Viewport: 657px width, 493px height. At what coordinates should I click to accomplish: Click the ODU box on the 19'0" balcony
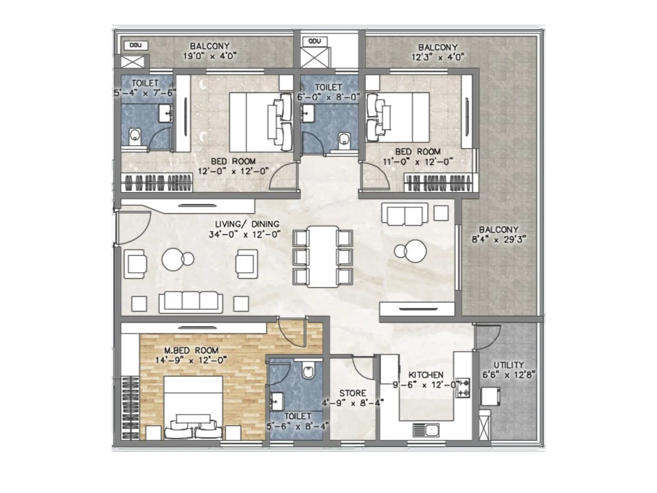tap(136, 45)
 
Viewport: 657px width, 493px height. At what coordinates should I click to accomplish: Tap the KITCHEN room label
tap(426, 375)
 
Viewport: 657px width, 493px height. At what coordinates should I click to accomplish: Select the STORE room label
tap(352, 393)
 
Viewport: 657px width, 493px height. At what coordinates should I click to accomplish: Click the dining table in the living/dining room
tap(323, 256)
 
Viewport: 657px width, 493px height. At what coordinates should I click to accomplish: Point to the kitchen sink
tap(426, 430)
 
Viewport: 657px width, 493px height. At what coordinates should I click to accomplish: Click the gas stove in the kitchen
tap(463, 388)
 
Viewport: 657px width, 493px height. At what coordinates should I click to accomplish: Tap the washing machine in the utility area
tap(490, 396)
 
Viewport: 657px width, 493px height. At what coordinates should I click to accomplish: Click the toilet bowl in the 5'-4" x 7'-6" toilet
tap(135, 136)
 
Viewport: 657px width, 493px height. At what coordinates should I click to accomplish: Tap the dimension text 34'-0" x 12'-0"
tap(244, 235)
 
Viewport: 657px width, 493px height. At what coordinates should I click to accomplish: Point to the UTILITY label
tap(508, 365)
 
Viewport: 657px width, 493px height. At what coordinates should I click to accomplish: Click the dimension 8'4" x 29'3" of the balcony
tap(498, 240)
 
